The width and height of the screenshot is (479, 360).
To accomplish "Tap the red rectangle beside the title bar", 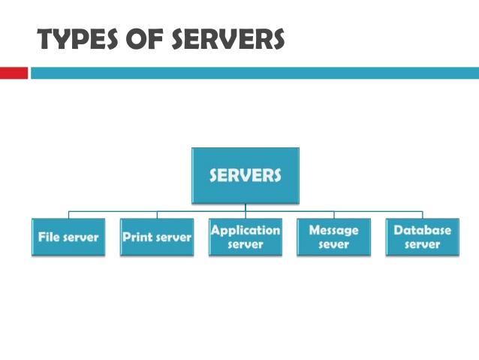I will [x=14, y=73].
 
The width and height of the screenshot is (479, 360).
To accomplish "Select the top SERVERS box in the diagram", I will [x=245, y=175].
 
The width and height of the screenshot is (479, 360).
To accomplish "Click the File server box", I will [x=68, y=237].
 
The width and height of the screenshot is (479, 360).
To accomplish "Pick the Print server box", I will [x=157, y=237].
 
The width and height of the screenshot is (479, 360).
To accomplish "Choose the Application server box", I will [x=246, y=237].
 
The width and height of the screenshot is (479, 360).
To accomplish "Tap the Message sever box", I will [x=334, y=237].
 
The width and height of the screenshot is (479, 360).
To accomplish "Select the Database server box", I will [x=422, y=237].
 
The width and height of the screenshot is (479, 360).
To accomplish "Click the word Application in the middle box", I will [x=246, y=230].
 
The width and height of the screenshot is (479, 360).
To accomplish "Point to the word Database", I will [x=422, y=230].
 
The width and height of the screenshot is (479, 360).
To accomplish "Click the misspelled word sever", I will [x=334, y=245].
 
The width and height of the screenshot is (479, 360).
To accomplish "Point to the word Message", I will [x=334, y=230].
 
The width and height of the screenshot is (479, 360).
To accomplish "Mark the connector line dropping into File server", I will [x=68, y=215].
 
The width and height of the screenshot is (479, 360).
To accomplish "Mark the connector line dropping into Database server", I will [x=422, y=215].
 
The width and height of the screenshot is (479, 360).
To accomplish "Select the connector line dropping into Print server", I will [x=157, y=215].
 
